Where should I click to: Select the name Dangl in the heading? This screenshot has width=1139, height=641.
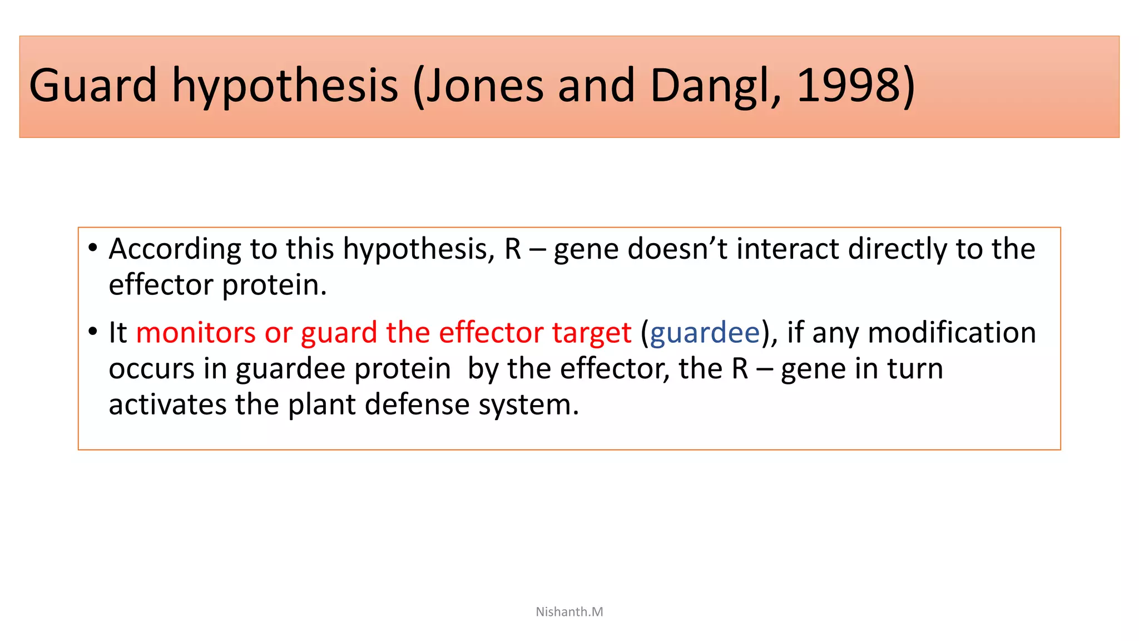pos(715,85)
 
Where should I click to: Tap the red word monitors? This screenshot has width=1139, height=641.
pos(196,333)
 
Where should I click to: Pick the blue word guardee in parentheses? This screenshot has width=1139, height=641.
pos(704,333)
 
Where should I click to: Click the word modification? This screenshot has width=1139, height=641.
pos(952,333)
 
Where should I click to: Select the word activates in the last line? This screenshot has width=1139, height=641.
pos(167,405)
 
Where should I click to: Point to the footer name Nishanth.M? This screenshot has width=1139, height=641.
pos(569,612)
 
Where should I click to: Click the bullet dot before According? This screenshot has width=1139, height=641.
pos(93,248)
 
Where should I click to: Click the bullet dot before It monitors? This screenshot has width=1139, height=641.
pos(93,332)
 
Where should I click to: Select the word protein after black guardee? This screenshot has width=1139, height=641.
pos(402,369)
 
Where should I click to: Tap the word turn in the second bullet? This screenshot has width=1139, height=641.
pos(915,369)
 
